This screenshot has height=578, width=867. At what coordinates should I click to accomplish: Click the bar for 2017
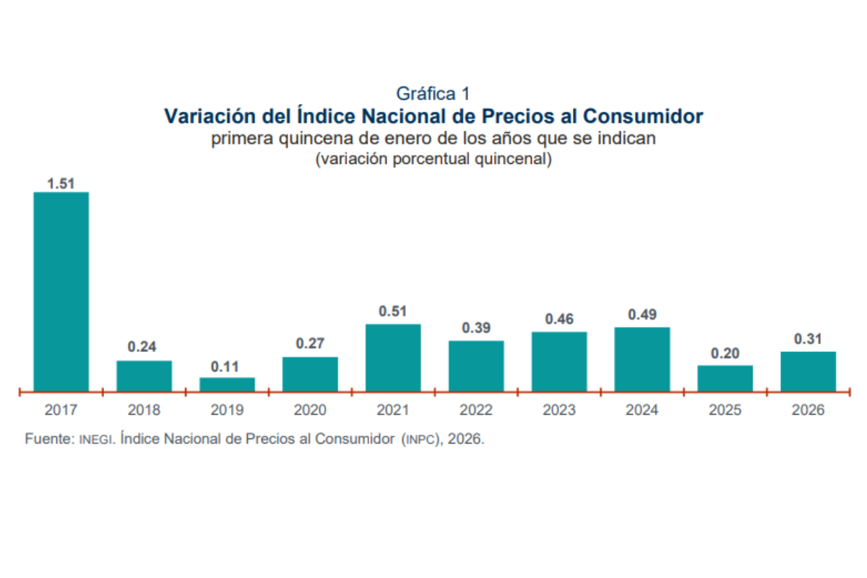(61, 291)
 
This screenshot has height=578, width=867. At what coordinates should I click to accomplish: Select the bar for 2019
(227, 384)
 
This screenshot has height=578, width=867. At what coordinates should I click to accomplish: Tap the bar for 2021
(393, 358)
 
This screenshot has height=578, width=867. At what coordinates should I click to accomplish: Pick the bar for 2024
(642, 359)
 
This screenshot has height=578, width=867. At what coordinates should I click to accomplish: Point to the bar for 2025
(725, 379)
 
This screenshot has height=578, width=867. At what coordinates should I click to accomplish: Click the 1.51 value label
(61, 184)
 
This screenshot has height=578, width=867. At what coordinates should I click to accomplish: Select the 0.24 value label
(144, 347)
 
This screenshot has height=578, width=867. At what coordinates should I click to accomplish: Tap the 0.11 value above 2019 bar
(227, 366)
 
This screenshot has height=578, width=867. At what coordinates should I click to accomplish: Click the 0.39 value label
(476, 328)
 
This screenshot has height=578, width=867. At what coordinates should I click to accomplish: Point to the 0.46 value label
(559, 319)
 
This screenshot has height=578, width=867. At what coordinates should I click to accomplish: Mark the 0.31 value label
(808, 339)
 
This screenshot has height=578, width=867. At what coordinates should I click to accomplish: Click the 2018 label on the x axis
(144, 410)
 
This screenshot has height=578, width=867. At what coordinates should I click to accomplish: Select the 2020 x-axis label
(310, 410)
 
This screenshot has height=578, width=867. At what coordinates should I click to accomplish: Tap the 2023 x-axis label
(559, 410)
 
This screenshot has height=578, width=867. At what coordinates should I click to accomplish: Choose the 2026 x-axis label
(808, 410)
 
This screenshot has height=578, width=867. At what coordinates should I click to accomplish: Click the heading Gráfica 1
(433, 93)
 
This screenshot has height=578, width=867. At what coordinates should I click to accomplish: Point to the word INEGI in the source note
(96, 439)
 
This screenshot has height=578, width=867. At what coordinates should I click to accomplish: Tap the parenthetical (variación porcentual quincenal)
(433, 159)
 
